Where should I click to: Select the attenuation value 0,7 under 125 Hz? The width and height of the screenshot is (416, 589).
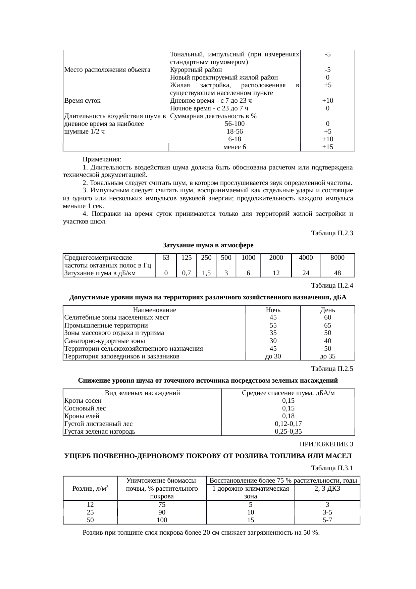186,273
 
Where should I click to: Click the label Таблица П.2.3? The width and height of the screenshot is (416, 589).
332,233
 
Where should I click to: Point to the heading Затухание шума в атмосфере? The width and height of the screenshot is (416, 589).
208,245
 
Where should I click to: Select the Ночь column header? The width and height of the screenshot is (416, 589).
273,310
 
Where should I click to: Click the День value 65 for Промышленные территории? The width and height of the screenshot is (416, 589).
327,326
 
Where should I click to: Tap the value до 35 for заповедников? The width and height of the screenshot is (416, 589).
327,356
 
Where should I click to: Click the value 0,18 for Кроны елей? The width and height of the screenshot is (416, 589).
288,416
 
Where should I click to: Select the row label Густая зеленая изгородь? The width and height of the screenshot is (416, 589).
100,432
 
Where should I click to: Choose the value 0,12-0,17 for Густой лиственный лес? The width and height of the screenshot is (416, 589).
288,424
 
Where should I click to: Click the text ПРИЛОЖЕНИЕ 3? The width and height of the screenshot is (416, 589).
326,444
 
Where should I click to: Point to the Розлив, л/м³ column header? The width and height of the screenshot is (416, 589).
90,489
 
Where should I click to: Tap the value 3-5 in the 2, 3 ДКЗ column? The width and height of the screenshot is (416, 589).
327,512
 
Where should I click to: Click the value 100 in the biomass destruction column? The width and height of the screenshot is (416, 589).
162,520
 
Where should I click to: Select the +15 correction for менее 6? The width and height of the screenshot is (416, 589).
327,147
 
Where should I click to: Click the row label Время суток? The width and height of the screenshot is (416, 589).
82,101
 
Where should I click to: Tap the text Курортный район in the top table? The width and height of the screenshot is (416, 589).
196,70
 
